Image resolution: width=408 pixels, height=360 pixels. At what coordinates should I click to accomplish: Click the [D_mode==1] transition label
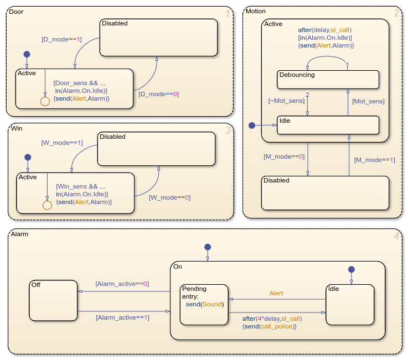click(x=61, y=39)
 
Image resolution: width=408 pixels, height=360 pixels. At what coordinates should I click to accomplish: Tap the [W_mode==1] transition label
click(x=61, y=143)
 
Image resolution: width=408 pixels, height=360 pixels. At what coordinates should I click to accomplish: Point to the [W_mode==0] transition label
click(x=169, y=197)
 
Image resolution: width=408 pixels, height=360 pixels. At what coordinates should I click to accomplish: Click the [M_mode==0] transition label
click(x=284, y=156)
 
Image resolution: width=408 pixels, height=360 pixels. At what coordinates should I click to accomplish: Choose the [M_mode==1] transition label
click(x=375, y=160)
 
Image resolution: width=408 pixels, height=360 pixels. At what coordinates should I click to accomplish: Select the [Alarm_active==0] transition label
click(x=122, y=284)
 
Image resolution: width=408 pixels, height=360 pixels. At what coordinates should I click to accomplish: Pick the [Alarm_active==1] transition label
click(x=122, y=317)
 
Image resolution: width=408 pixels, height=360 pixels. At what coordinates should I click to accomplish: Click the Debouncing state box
click(x=328, y=80)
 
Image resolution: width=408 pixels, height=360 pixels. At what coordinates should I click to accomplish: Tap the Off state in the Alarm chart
click(x=53, y=300)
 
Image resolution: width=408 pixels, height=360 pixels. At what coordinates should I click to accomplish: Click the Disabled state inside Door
click(x=158, y=37)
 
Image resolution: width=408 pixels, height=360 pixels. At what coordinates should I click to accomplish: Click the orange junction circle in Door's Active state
click(x=45, y=101)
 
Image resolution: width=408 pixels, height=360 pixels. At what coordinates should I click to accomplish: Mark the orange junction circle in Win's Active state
click(x=47, y=205)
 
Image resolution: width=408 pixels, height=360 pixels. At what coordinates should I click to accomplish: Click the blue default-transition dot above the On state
click(x=207, y=247)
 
